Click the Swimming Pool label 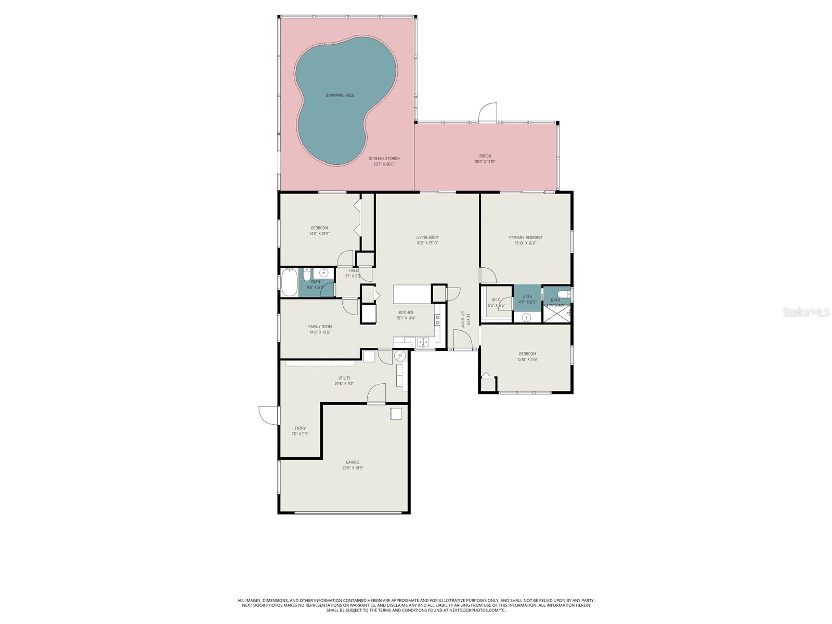point(340,95)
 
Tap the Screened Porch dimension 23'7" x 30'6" point(384,164)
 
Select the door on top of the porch point(488,113)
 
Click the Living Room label point(427,238)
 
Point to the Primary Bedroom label point(525,238)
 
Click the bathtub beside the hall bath point(289,282)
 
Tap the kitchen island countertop point(412,294)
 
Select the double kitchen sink point(423,342)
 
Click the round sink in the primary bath point(526,317)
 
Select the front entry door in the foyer point(462,341)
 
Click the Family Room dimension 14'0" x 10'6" point(320,332)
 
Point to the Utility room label point(344,378)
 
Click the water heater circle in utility point(400,356)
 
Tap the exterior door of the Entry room point(268,415)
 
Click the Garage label point(353,462)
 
